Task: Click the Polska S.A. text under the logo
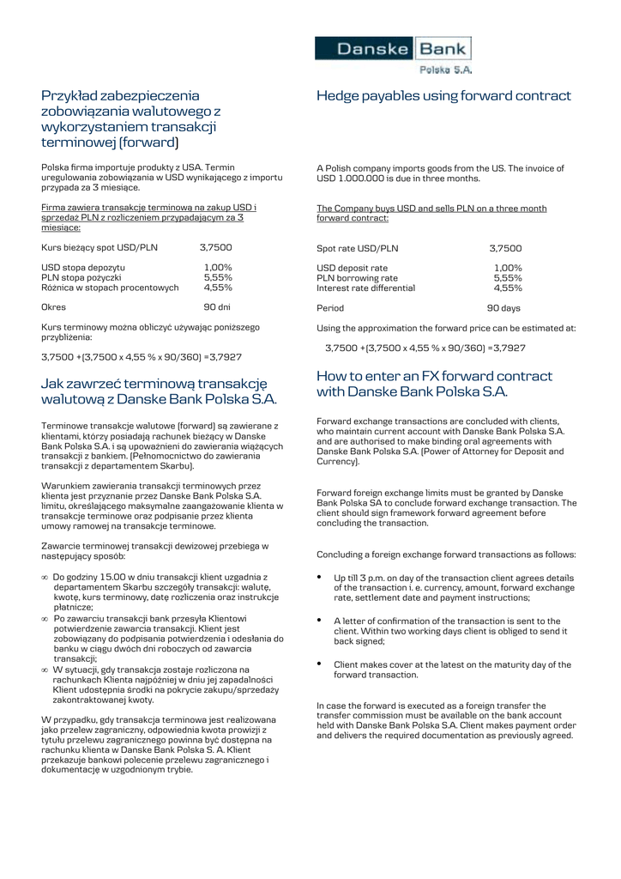[445, 70]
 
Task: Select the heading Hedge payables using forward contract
[443, 96]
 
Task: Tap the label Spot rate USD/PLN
[358, 249]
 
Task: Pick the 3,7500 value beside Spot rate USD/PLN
[505, 249]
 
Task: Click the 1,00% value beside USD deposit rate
[508, 269]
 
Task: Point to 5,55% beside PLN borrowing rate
[508, 278]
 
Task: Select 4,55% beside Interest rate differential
[508, 288]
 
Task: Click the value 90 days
[503, 308]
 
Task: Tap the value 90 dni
[217, 306]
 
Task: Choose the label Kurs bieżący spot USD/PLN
[99, 247]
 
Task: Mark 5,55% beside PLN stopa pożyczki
[218, 277]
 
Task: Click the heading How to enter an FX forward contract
[434, 384]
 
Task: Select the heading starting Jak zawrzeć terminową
[159, 391]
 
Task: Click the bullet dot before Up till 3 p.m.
[320, 577]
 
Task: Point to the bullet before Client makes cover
[320, 664]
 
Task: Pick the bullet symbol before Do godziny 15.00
[45, 578]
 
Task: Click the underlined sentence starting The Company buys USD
[431, 213]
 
